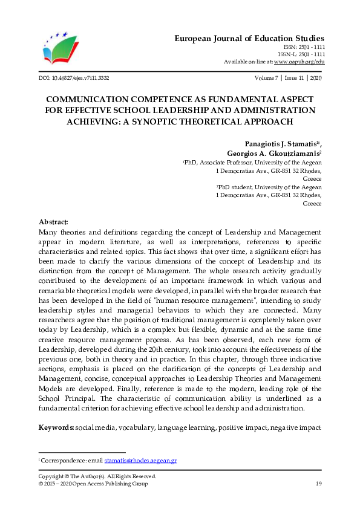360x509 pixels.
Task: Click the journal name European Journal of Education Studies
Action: [249, 37]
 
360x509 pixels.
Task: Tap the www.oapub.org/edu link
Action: [299, 62]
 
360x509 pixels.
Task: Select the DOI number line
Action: [74, 79]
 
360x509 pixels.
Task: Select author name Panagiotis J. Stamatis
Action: [271, 144]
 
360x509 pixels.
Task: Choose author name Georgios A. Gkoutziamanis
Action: [272, 154]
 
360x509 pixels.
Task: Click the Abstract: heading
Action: [53, 222]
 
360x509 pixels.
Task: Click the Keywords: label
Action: [56, 428]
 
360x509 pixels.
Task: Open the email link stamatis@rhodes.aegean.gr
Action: [140, 460]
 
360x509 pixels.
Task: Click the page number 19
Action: [318, 484]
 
